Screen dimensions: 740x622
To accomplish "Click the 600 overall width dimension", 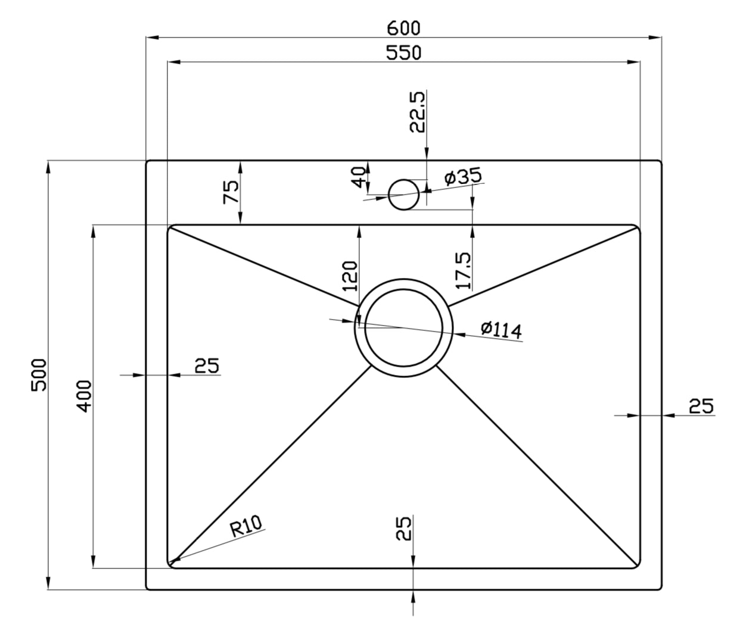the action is tap(403, 29).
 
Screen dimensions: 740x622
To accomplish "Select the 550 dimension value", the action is tap(403, 53).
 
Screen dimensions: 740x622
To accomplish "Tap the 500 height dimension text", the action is tap(39, 375).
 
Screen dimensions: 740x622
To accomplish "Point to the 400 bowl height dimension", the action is tap(84, 396).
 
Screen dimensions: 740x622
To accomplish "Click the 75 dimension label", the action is tap(231, 192).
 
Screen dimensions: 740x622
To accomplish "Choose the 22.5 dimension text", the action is tap(417, 112).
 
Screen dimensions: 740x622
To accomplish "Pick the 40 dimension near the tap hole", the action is tap(358, 177).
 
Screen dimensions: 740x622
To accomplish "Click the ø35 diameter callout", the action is tap(463, 176).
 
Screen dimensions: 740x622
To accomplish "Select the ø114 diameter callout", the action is tap(501, 330).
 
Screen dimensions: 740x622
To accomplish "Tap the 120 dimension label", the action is tap(350, 276).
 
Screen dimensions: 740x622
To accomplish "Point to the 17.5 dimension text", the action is tap(464, 271).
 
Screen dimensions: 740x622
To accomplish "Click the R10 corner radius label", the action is tap(246, 526).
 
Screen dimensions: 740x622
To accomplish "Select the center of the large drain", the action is tap(404, 328).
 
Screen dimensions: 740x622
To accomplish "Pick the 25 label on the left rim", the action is tap(207, 365).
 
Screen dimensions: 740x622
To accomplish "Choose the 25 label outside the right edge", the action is tap(701, 406).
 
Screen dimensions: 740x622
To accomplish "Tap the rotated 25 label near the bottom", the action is tap(404, 529).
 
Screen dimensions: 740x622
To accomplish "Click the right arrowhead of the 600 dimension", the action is tap(655, 37).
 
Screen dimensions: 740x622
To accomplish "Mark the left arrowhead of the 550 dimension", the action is tap(174, 62).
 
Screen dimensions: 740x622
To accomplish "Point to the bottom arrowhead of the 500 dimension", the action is tap(48, 582).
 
